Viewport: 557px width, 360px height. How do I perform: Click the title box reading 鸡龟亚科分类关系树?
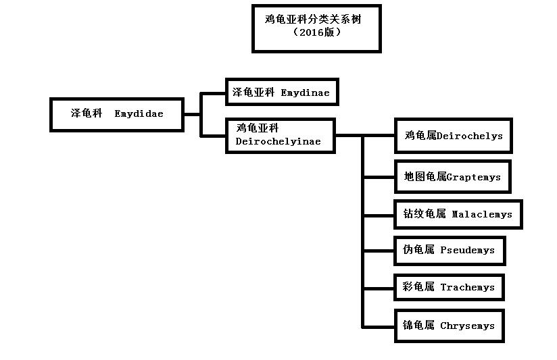(316, 28)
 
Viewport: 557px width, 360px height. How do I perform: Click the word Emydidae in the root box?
(139, 113)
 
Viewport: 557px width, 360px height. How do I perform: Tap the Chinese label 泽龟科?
(87, 113)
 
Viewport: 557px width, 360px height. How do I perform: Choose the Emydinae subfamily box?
(281, 92)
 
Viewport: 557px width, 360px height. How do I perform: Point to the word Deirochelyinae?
(278, 142)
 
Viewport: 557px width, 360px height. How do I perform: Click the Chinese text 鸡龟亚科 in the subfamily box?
(258, 128)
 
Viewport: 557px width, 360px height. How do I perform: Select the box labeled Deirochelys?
(453, 136)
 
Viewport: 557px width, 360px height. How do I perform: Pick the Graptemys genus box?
(452, 176)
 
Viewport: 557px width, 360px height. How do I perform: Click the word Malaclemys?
(482, 214)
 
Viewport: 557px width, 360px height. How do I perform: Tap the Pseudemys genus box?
(449, 251)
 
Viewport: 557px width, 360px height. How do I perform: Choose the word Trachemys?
(467, 287)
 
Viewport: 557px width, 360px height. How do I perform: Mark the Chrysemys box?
(449, 326)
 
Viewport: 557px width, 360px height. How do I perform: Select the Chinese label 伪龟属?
(418, 250)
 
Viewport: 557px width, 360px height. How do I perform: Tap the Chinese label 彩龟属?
(418, 287)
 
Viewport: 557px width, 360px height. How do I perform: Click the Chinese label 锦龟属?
(418, 326)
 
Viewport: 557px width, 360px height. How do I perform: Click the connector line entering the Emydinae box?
(214, 93)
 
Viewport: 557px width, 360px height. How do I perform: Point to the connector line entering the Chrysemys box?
(379, 327)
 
